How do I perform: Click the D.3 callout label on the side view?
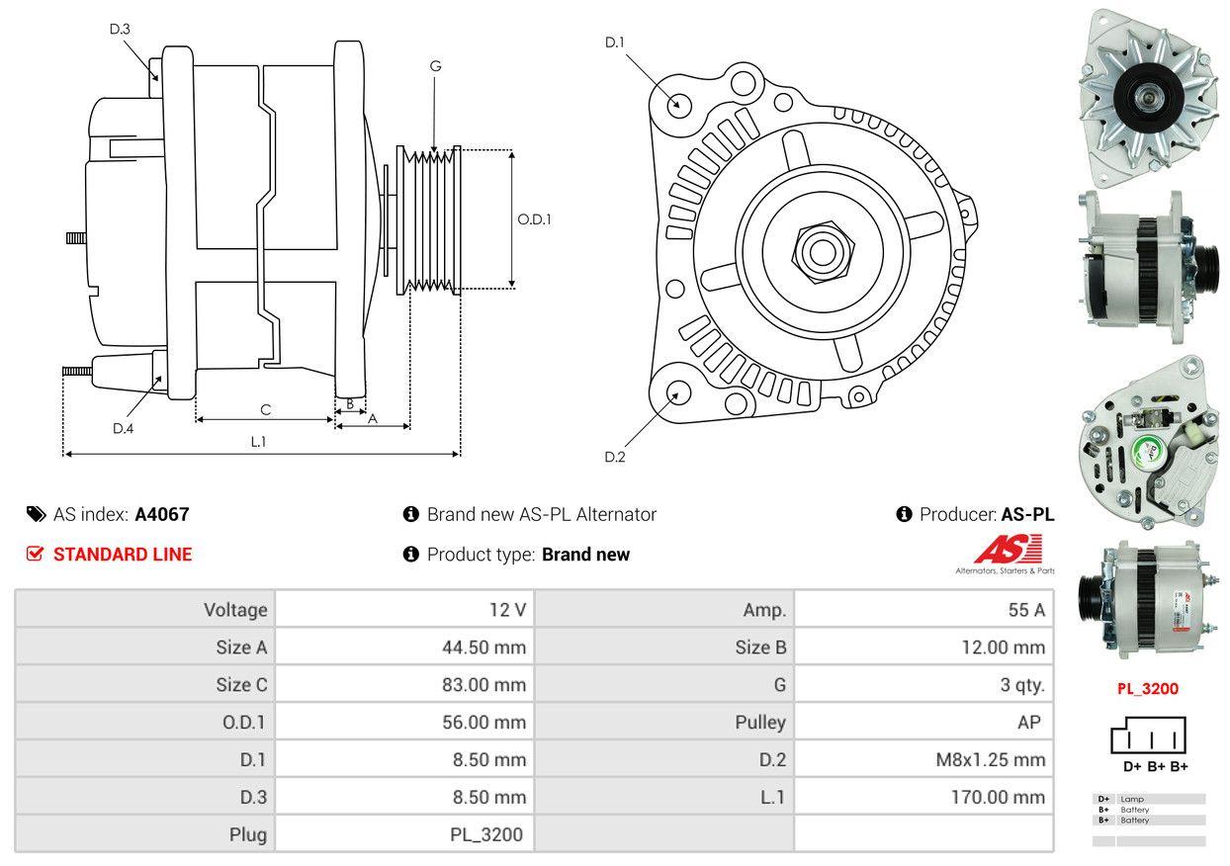(x=120, y=29)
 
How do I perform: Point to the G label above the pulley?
(x=435, y=66)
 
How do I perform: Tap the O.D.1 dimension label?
(x=534, y=219)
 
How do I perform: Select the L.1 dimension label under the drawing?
(x=258, y=442)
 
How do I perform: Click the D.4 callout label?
(x=123, y=428)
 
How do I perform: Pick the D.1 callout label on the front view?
(x=615, y=42)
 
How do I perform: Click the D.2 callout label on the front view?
(x=615, y=457)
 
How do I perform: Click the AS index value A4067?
(x=162, y=514)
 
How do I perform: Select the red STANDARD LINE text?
(x=123, y=555)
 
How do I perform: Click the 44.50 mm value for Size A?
(x=483, y=648)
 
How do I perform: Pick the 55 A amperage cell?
(x=1026, y=610)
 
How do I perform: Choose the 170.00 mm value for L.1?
(x=998, y=797)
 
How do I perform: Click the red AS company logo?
(x=1008, y=550)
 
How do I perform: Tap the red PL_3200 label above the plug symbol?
(x=1148, y=689)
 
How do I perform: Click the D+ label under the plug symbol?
(x=1132, y=766)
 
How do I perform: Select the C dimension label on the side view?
(x=265, y=409)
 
